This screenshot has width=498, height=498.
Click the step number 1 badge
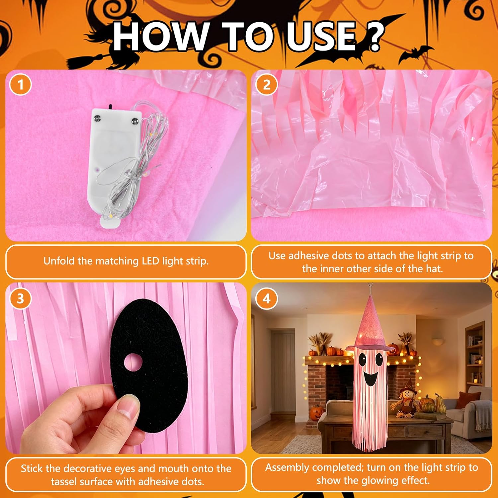point(21,85)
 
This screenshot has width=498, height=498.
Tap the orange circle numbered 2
point(267,85)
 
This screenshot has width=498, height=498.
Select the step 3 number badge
point(21,298)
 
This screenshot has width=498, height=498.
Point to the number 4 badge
point(267,298)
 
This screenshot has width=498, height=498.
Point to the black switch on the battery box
point(110,107)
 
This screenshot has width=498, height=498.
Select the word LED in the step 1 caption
point(150,261)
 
